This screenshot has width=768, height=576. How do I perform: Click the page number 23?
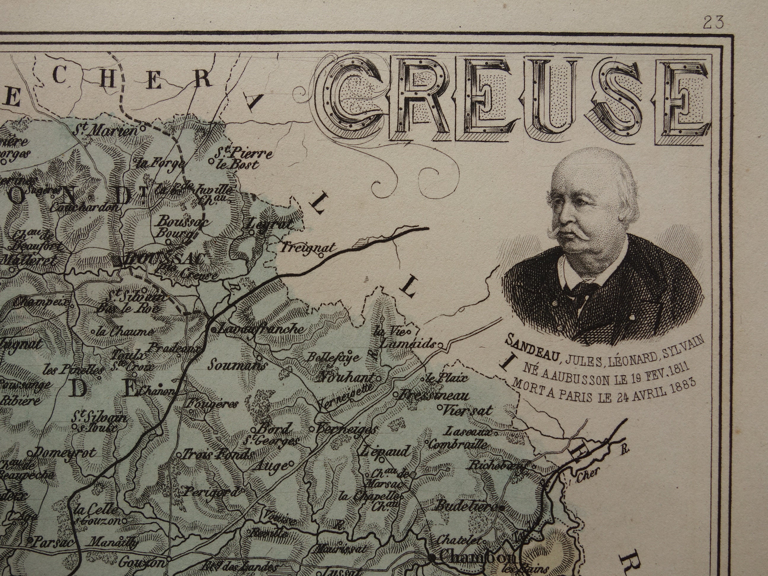[x=713, y=23]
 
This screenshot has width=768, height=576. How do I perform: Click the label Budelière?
[x=465, y=507]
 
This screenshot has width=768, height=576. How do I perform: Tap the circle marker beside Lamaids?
[x=439, y=345]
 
